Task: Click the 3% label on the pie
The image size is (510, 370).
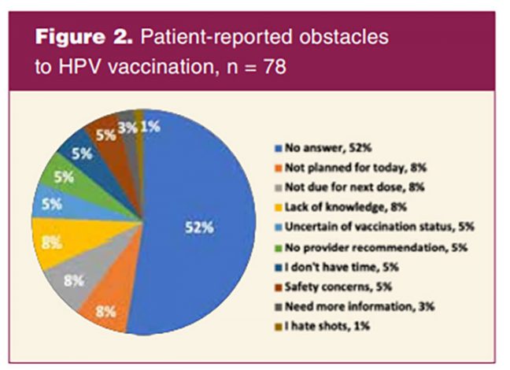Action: coord(128,128)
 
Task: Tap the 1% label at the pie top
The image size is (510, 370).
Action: coord(150,127)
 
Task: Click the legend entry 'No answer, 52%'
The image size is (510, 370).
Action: coord(323,148)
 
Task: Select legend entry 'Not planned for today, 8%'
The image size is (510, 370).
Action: coord(350,168)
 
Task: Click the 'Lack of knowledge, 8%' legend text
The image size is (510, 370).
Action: coord(341,207)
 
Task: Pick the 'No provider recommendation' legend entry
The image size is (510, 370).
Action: coord(371,248)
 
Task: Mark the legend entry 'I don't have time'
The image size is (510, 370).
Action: coord(336,267)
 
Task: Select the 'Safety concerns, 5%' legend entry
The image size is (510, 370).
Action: coord(333,287)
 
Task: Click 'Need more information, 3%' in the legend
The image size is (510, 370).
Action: coord(354,307)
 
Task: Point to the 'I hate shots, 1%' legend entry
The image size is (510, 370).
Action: coord(322,327)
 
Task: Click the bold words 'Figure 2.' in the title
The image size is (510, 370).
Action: coord(84,37)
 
